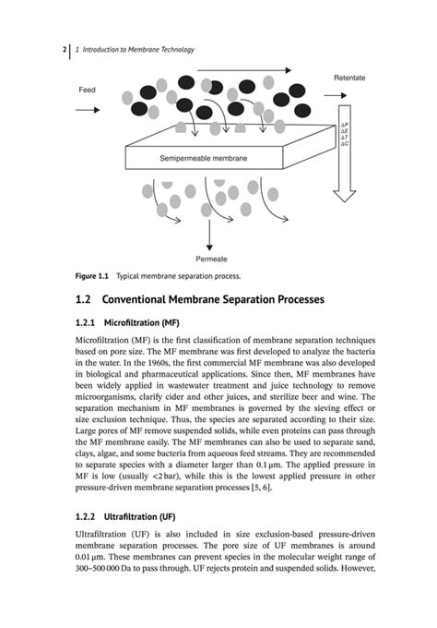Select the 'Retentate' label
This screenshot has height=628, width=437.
[x=348, y=78]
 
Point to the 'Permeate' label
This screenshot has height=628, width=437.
[x=210, y=260]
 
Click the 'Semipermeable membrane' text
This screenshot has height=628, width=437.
[x=204, y=159]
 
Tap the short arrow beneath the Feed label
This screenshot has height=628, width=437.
[x=89, y=109]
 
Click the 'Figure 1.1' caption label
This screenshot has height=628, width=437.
[x=92, y=276]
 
